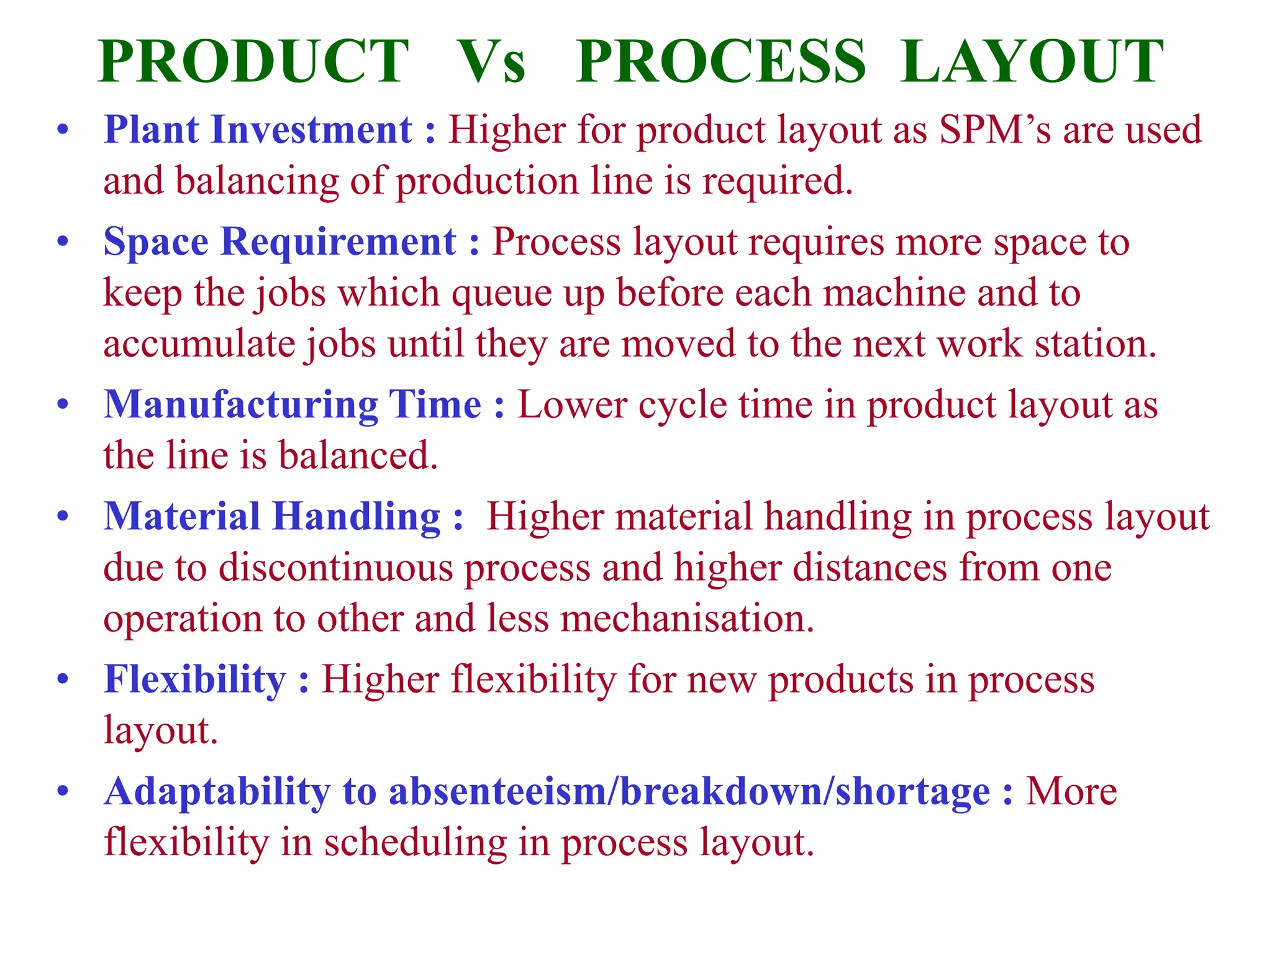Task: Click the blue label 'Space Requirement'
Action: point(279,241)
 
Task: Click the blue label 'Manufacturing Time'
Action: point(292,404)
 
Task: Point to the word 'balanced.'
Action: point(358,455)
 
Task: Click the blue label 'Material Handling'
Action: point(272,516)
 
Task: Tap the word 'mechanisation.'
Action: point(687,619)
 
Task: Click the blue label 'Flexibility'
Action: point(194,679)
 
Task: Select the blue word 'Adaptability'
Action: point(217,792)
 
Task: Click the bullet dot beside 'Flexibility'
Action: point(62,680)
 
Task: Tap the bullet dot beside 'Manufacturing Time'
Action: point(62,406)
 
